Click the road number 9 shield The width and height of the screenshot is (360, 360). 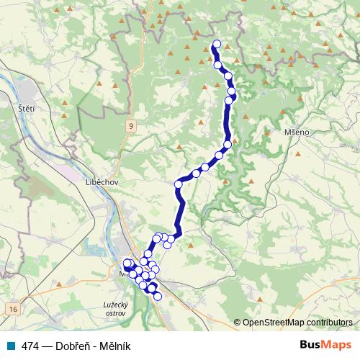tap(131, 126)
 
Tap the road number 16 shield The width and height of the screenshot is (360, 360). tap(12, 309)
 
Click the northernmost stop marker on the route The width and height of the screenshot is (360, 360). tap(216, 43)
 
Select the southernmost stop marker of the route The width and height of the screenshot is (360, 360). tap(158, 296)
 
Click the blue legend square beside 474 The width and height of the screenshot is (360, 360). tap(13, 345)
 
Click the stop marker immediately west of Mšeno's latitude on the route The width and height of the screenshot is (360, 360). tap(228, 145)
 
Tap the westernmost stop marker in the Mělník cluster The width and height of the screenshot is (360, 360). tap(127, 264)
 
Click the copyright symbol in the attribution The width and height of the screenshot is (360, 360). tap(237, 323)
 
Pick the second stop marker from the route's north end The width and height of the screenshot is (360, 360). tap(218, 65)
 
